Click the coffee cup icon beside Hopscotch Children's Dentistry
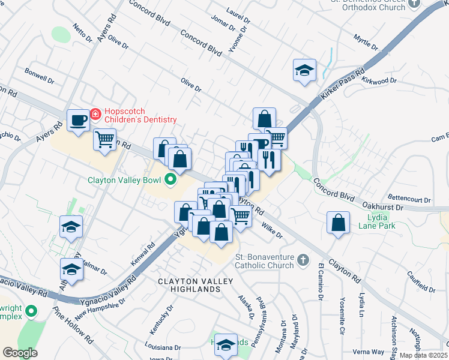point(78,120)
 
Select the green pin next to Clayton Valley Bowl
point(170,179)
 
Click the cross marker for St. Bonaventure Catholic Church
point(303,260)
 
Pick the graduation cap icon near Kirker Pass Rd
point(304,70)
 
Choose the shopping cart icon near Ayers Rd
point(105,140)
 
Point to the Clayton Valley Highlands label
point(189,285)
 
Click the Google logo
point(20,353)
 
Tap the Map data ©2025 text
point(423,355)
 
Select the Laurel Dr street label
point(238,11)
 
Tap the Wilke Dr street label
point(271,230)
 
